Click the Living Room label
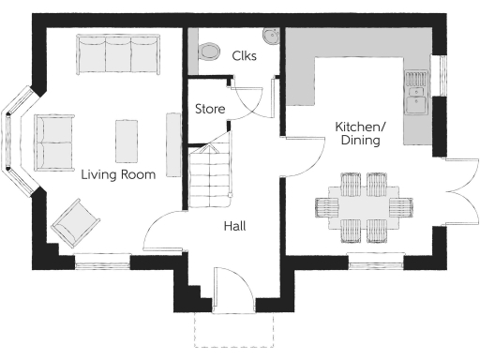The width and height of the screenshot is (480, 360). [117, 174]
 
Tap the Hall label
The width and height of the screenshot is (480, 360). [234, 226]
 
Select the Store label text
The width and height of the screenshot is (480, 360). [210, 110]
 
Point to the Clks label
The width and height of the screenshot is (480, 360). [244, 55]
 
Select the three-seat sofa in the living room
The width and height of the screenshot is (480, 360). [117, 55]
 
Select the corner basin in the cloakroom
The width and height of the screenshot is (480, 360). [271, 37]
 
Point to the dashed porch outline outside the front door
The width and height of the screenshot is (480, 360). [233, 330]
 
